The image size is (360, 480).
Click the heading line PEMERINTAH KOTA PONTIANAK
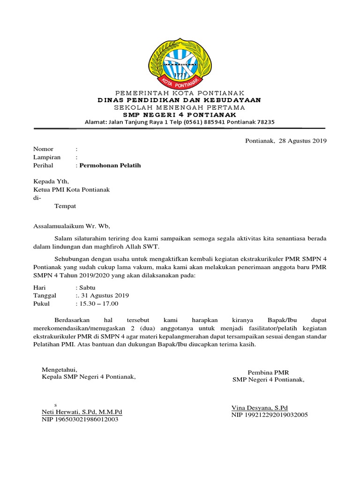click(x=180, y=93)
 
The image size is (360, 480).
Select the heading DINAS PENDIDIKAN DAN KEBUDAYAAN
click(x=180, y=100)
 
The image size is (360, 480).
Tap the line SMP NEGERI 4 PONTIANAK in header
click(x=180, y=114)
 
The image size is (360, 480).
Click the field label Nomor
click(x=43, y=149)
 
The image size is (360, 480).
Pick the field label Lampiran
click(x=46, y=157)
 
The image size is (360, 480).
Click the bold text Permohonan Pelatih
click(x=110, y=165)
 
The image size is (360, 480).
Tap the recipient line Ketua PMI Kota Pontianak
click(x=71, y=189)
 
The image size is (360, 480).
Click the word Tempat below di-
click(x=65, y=206)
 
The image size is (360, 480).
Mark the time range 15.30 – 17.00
click(x=99, y=303)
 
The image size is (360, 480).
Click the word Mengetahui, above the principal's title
click(x=59, y=369)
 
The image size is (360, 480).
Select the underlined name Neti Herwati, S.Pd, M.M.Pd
click(x=82, y=412)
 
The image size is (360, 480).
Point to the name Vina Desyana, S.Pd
click(x=260, y=407)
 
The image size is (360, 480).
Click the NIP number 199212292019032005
click(x=270, y=415)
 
